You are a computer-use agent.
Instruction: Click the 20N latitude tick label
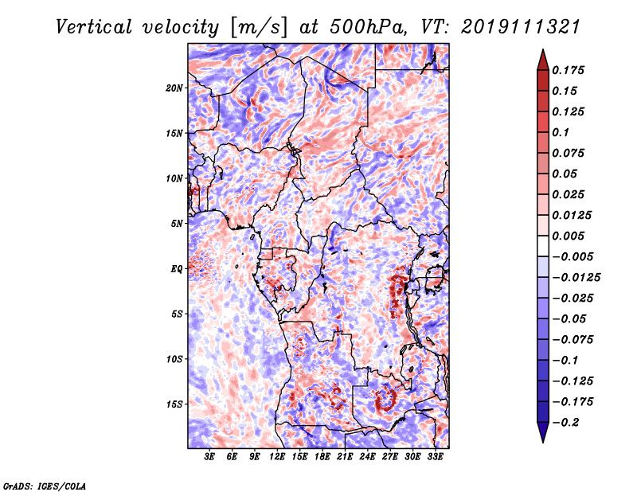point(174,88)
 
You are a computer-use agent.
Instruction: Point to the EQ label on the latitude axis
point(177,269)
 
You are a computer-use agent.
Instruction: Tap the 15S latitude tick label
point(174,404)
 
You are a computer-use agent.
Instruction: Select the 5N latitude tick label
point(177,224)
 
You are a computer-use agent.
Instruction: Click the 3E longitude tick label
point(209,457)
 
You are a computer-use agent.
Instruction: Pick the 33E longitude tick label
point(435,457)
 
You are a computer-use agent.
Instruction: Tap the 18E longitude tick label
point(322,457)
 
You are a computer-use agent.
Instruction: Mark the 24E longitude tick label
point(367,457)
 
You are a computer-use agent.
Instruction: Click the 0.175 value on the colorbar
point(568,70)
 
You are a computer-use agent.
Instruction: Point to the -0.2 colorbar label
point(565,423)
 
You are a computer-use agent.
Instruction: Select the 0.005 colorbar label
point(568,236)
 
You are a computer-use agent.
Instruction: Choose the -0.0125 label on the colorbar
point(576,278)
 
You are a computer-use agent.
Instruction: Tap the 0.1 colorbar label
point(561,132)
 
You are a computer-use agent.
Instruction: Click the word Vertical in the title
point(94,27)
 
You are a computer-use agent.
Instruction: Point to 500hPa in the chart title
point(368,27)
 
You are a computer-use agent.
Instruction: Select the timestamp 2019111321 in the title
point(521,27)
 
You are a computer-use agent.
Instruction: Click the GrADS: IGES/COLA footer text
point(45,486)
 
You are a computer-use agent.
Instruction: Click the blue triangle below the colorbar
point(543,431)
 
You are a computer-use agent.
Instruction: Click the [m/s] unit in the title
point(259,27)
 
